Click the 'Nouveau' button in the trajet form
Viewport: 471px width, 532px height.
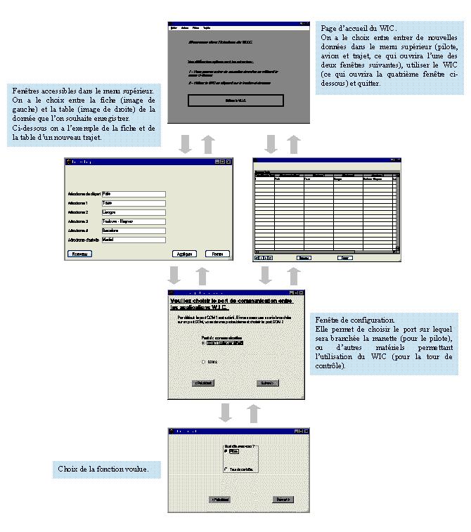[x=79, y=254]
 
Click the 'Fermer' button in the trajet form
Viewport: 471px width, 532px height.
[x=217, y=254]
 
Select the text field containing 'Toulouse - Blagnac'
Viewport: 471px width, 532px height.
[x=134, y=221]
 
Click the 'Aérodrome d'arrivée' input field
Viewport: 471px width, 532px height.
[x=134, y=239]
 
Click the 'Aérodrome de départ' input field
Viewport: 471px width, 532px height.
[x=134, y=193]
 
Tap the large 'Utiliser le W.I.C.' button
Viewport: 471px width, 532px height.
[x=235, y=100]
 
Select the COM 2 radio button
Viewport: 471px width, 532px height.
[x=203, y=362]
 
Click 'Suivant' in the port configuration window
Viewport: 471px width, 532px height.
[x=267, y=383]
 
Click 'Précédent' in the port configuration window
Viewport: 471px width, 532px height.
[x=203, y=383]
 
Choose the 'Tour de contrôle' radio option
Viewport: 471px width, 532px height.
[x=226, y=469]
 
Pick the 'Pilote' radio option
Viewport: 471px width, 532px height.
[x=226, y=452]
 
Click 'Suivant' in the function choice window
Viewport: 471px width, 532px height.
[x=283, y=499]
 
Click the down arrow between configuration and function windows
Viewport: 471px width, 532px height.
[x=225, y=413]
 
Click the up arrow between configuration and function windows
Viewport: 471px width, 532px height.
[x=254, y=413]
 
